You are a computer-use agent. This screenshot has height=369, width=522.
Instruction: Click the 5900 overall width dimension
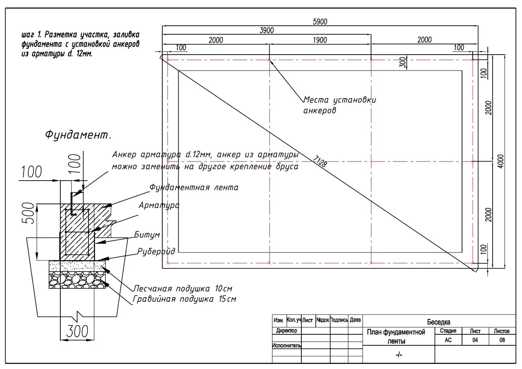click(320, 22)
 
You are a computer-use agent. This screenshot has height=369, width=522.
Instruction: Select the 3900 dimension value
click(267, 30)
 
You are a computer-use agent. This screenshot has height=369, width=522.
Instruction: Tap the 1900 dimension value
click(320, 40)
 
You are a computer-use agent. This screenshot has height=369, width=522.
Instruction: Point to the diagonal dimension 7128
click(319, 161)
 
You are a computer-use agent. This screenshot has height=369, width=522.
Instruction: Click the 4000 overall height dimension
click(500, 161)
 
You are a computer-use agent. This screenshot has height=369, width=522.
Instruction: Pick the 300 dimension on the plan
click(403, 62)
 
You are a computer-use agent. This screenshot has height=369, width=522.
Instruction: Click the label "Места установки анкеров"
click(340, 105)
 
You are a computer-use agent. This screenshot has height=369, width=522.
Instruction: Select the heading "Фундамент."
click(78, 135)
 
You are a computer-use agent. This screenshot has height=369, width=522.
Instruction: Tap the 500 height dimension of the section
click(28, 213)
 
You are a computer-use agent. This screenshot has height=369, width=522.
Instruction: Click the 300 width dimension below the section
click(77, 331)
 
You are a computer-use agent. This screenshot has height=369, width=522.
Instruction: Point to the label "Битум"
click(147, 235)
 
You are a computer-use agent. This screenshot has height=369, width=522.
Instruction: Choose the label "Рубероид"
click(156, 252)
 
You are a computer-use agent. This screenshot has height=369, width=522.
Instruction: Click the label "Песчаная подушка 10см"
click(183, 289)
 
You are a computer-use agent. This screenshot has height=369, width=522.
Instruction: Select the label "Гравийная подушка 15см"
click(184, 299)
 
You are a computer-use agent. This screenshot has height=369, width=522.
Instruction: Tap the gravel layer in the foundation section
click(77, 280)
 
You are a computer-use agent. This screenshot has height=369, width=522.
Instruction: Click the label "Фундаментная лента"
click(194, 187)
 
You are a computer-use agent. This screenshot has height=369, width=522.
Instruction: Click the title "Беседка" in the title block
click(438, 322)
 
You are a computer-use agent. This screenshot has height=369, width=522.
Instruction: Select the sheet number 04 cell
click(475, 340)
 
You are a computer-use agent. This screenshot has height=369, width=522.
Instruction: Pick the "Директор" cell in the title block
click(287, 331)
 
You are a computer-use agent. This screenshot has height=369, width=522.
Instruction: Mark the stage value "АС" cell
click(448, 340)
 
